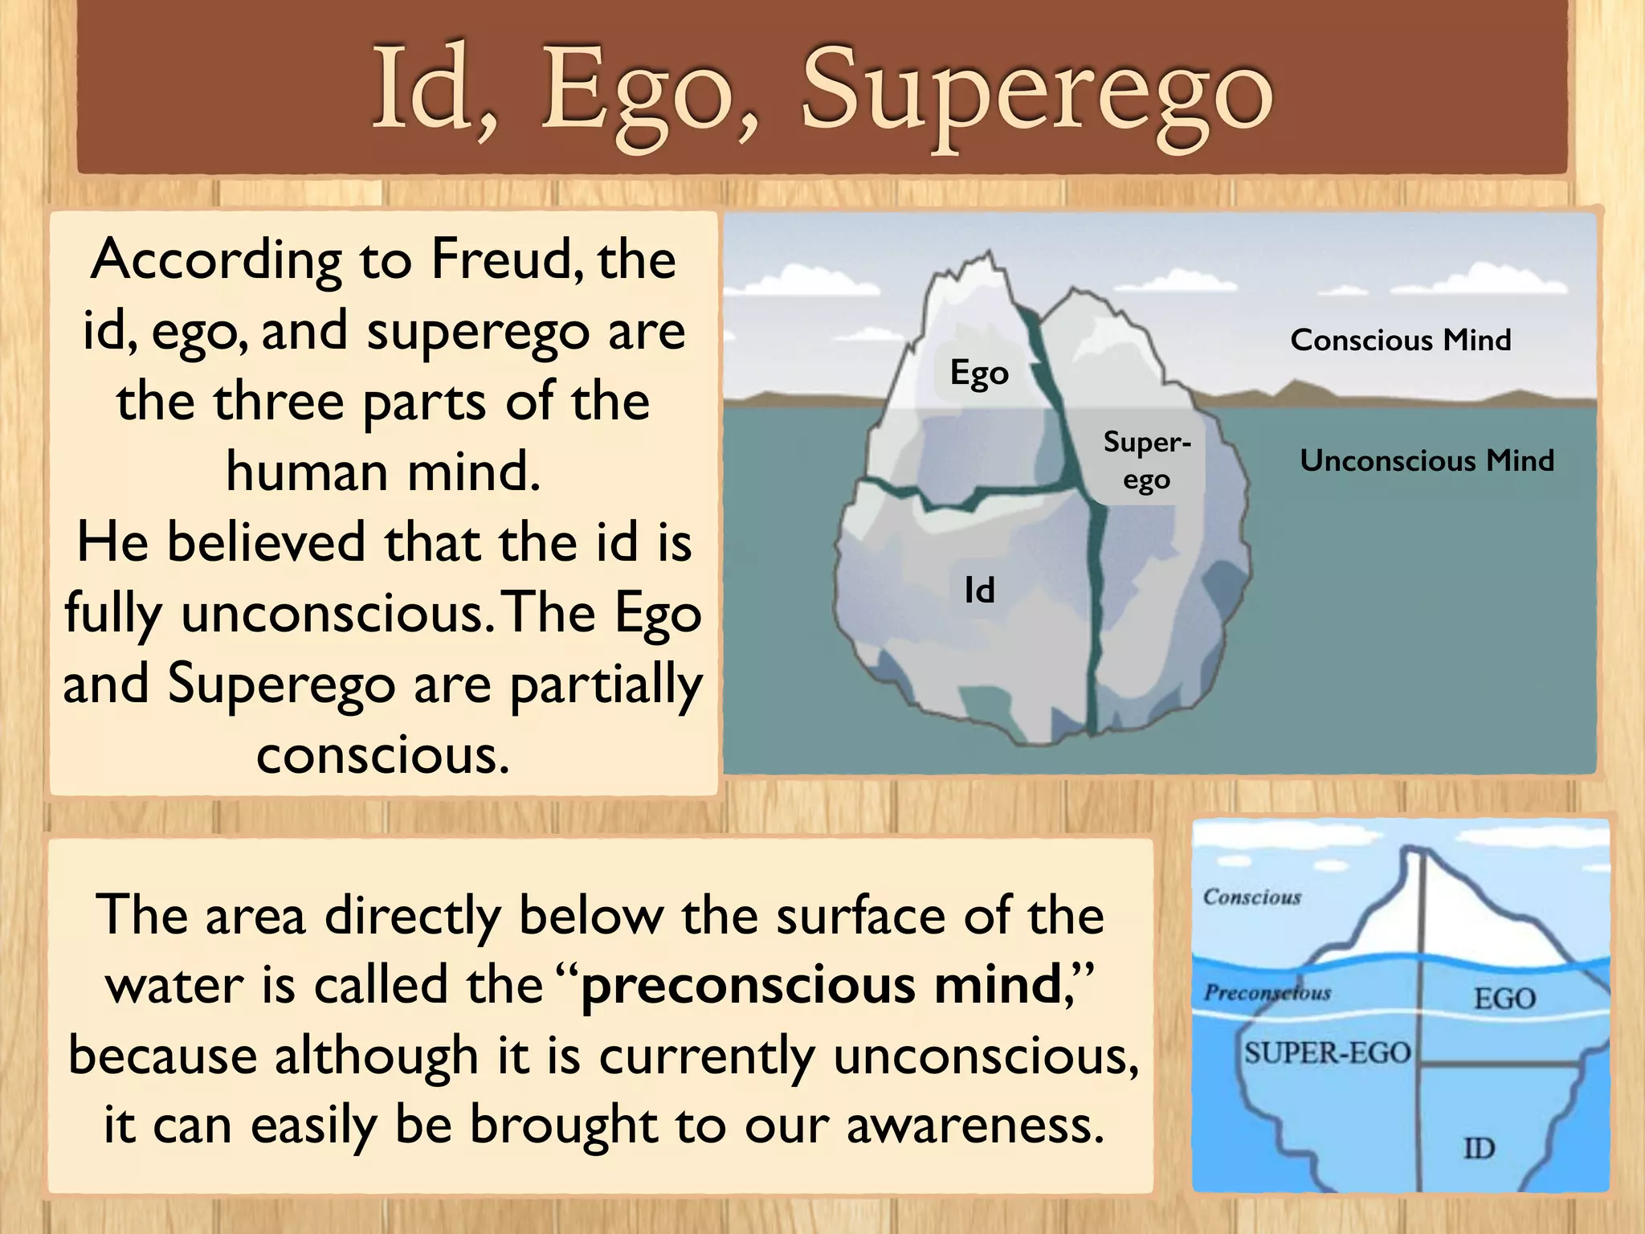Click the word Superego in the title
coord(1036,92)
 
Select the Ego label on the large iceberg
coord(979,373)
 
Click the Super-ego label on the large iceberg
coord(1146,461)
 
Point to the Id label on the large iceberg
coord(979,591)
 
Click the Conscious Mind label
coord(1400,340)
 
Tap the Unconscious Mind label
coord(1427,460)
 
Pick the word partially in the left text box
coord(606,684)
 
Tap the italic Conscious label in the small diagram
coord(1251,897)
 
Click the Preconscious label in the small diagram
coord(1267,993)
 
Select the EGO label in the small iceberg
coord(1504,999)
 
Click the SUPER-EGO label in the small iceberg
coord(1327,1052)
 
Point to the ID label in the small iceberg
coord(1479,1148)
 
